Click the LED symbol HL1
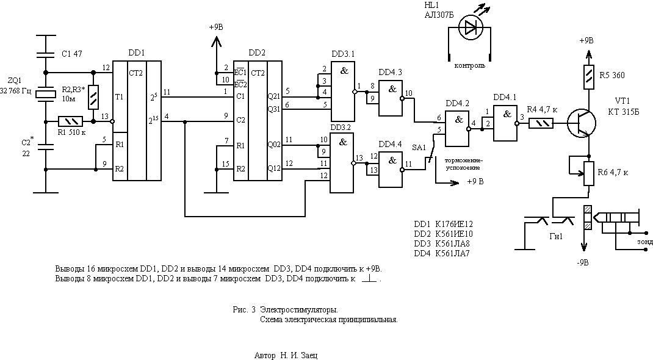pos(469,28)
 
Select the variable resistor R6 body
pos(589,173)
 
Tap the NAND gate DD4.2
pos(456,129)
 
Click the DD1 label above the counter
pos(137,53)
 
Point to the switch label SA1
pos(419,148)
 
